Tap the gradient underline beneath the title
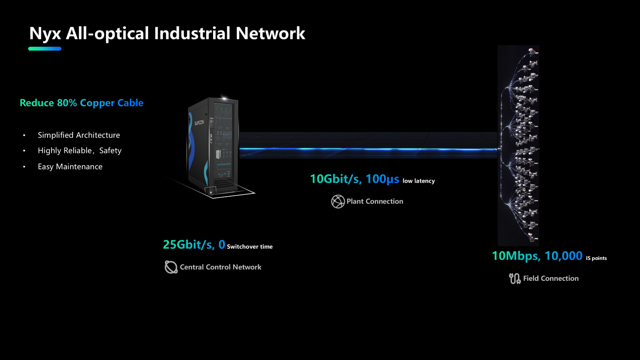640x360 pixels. click(x=45, y=48)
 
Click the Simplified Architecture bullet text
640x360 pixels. click(x=79, y=135)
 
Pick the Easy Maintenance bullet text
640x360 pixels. click(x=70, y=167)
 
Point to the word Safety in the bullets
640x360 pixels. click(x=110, y=150)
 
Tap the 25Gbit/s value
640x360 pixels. click(x=188, y=245)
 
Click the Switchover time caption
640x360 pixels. click(x=250, y=247)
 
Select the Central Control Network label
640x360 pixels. click(x=220, y=267)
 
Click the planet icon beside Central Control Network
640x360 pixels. click(x=171, y=267)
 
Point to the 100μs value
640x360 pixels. click(x=382, y=179)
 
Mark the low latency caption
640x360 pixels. click(x=418, y=181)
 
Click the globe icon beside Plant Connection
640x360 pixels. click(x=338, y=201)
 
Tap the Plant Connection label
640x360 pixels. click(x=375, y=201)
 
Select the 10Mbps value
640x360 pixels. click(x=516, y=256)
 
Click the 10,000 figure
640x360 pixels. click(x=564, y=256)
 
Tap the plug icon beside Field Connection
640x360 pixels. click(x=515, y=278)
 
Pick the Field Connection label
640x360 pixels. click(x=551, y=278)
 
